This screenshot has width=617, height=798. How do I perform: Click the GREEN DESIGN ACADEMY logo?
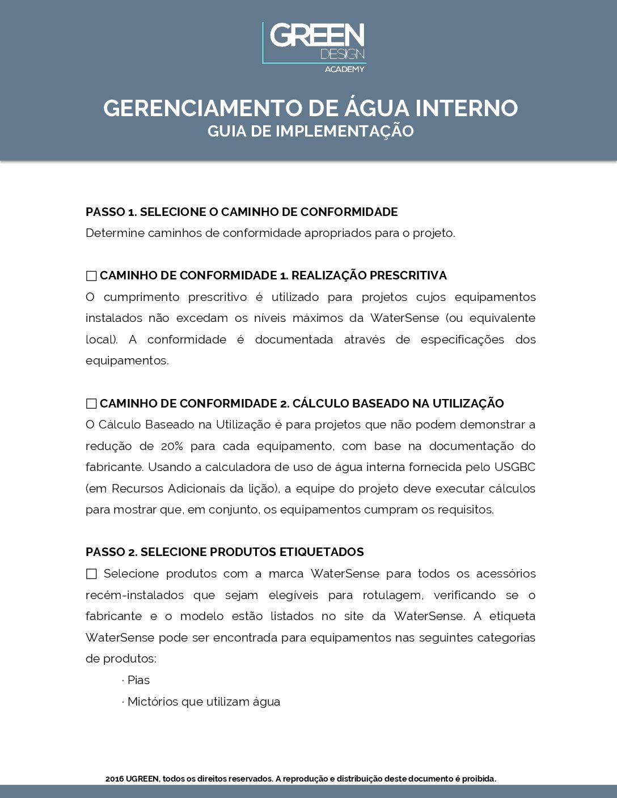[314, 46]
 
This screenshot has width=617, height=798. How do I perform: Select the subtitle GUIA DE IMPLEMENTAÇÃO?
[310, 131]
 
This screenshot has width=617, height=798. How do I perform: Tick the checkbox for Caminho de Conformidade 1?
[91, 276]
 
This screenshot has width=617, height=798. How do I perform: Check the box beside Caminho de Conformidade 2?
[91, 404]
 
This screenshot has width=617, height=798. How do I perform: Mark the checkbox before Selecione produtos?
[91, 574]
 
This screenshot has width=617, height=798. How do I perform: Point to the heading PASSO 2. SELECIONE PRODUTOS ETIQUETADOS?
[225, 552]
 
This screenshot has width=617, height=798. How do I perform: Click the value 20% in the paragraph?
[172, 446]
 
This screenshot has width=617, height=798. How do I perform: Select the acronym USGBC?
[514, 467]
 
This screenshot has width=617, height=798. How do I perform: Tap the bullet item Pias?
[138, 680]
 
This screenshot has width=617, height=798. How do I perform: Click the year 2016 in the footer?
[114, 779]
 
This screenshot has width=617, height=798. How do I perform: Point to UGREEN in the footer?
[142, 779]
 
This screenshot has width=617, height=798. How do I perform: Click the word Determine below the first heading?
[115, 233]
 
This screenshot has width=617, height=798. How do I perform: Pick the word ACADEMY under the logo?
[344, 69]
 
